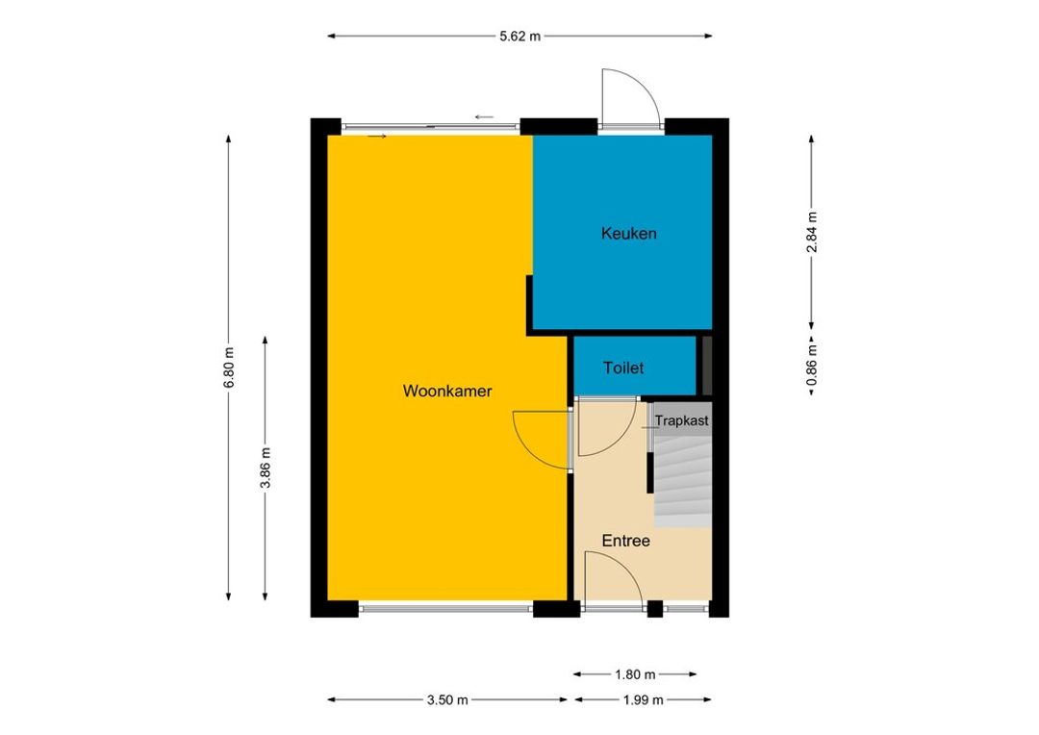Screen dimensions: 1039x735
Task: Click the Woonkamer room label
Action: pyautogui.click(x=447, y=391)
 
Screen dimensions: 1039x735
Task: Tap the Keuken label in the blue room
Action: pyautogui.click(x=629, y=233)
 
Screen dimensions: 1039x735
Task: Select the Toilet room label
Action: pyautogui.click(x=622, y=367)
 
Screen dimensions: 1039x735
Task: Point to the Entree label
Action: pyautogui.click(x=625, y=541)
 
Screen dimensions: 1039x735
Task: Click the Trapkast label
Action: pyautogui.click(x=682, y=420)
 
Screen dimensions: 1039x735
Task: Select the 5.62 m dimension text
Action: pyautogui.click(x=520, y=37)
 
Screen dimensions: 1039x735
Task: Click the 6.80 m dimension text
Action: pyautogui.click(x=229, y=367)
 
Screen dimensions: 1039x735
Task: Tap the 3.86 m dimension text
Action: pyautogui.click(x=266, y=468)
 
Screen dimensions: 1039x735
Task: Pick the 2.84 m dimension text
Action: pyautogui.click(x=812, y=232)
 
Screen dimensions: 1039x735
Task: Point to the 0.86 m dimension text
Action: pyautogui.click(x=812, y=366)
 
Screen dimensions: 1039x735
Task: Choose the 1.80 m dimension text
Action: pyautogui.click(x=635, y=674)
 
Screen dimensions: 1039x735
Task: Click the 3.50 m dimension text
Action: pyautogui.click(x=447, y=699)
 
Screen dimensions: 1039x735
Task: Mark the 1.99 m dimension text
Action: pyautogui.click(x=643, y=699)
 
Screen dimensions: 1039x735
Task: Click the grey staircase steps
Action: pyautogui.click(x=683, y=480)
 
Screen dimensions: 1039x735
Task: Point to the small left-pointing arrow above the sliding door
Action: pyautogui.click(x=484, y=117)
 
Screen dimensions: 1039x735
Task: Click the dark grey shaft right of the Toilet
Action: pyautogui.click(x=707, y=366)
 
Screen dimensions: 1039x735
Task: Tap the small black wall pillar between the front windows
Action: pyautogui.click(x=655, y=608)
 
